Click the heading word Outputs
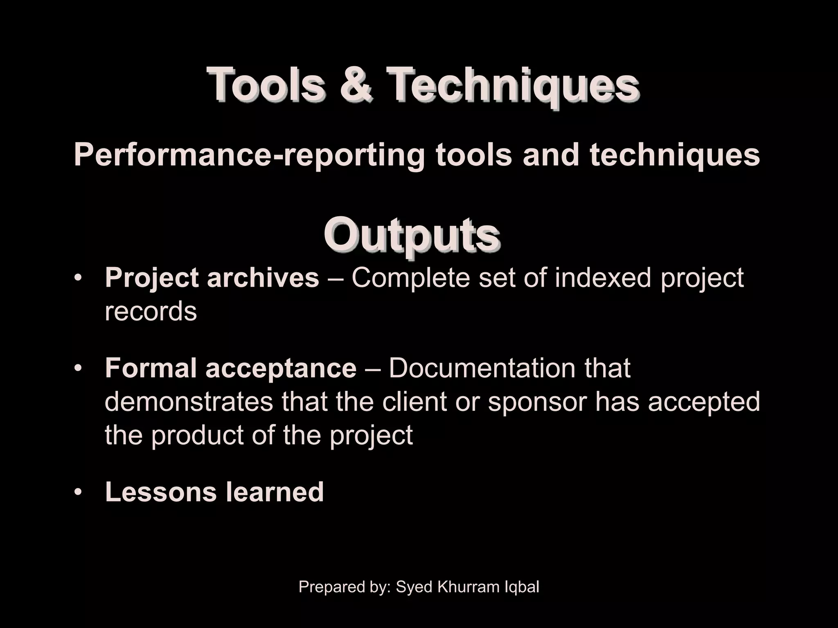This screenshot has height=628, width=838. coord(412,236)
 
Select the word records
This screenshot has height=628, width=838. coord(151,312)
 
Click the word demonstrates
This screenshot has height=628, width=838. coord(189,401)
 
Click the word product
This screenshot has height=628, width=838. coord(197,435)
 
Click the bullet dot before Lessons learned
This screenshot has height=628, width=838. coord(78,492)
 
